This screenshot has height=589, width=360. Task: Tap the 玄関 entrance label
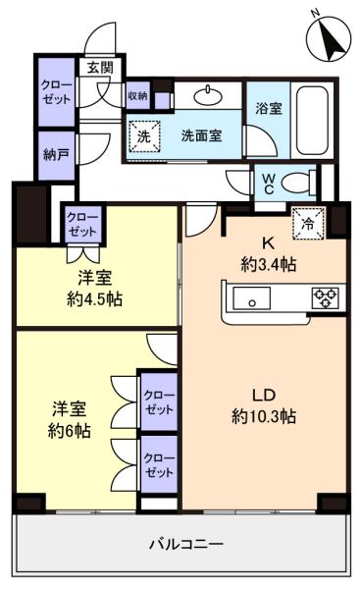click(98, 68)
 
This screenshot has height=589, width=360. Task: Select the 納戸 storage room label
click(55, 154)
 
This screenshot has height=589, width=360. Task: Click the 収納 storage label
click(137, 95)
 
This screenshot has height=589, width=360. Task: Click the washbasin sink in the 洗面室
click(209, 96)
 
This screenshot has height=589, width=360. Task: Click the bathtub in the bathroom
click(314, 115)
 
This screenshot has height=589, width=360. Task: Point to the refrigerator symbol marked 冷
click(307, 223)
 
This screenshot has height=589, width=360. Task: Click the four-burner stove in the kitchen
click(323, 297)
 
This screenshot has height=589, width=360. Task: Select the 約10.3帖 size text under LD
click(264, 415)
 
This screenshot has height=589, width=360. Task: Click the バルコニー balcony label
click(186, 543)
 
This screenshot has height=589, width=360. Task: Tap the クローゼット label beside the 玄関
click(55, 93)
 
